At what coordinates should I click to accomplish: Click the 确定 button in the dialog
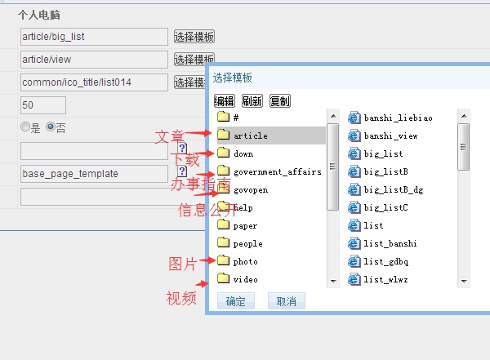pos(236,301)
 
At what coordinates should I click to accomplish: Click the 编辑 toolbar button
pos(224,101)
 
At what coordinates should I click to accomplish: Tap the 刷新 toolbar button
pos(252,101)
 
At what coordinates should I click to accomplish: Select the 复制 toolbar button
pos(279,101)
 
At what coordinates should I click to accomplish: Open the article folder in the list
pos(250,136)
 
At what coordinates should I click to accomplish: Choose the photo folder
pos(245,261)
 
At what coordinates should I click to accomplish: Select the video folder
pos(245,279)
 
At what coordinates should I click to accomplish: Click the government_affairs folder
pos(277,171)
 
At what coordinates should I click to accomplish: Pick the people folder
pos(247,243)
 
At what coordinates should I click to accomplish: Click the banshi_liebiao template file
pos(398,118)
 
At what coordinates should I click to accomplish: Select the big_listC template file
pos(385,207)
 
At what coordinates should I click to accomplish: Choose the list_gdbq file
pos(385,261)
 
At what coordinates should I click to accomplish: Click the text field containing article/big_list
pos(93,37)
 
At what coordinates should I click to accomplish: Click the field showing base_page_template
pos(93,174)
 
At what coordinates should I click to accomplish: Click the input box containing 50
pos(42,105)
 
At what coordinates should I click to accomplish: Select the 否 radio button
pos(51,127)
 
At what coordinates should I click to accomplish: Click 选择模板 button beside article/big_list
pos(194,37)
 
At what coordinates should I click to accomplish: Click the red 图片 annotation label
pos(182,263)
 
